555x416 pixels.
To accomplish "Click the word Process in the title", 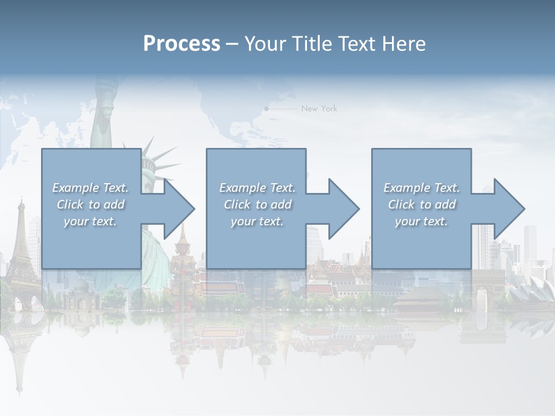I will pyautogui.click(x=182, y=44).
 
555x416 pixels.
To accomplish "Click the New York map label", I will pyautogui.click(x=319, y=109).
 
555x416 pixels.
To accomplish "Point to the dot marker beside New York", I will pyautogui.click(x=267, y=109).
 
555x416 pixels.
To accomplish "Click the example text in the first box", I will pyautogui.click(x=90, y=205).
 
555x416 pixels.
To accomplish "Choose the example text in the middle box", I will pyautogui.click(x=257, y=205).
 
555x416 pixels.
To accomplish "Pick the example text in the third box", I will pyautogui.click(x=421, y=205).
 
